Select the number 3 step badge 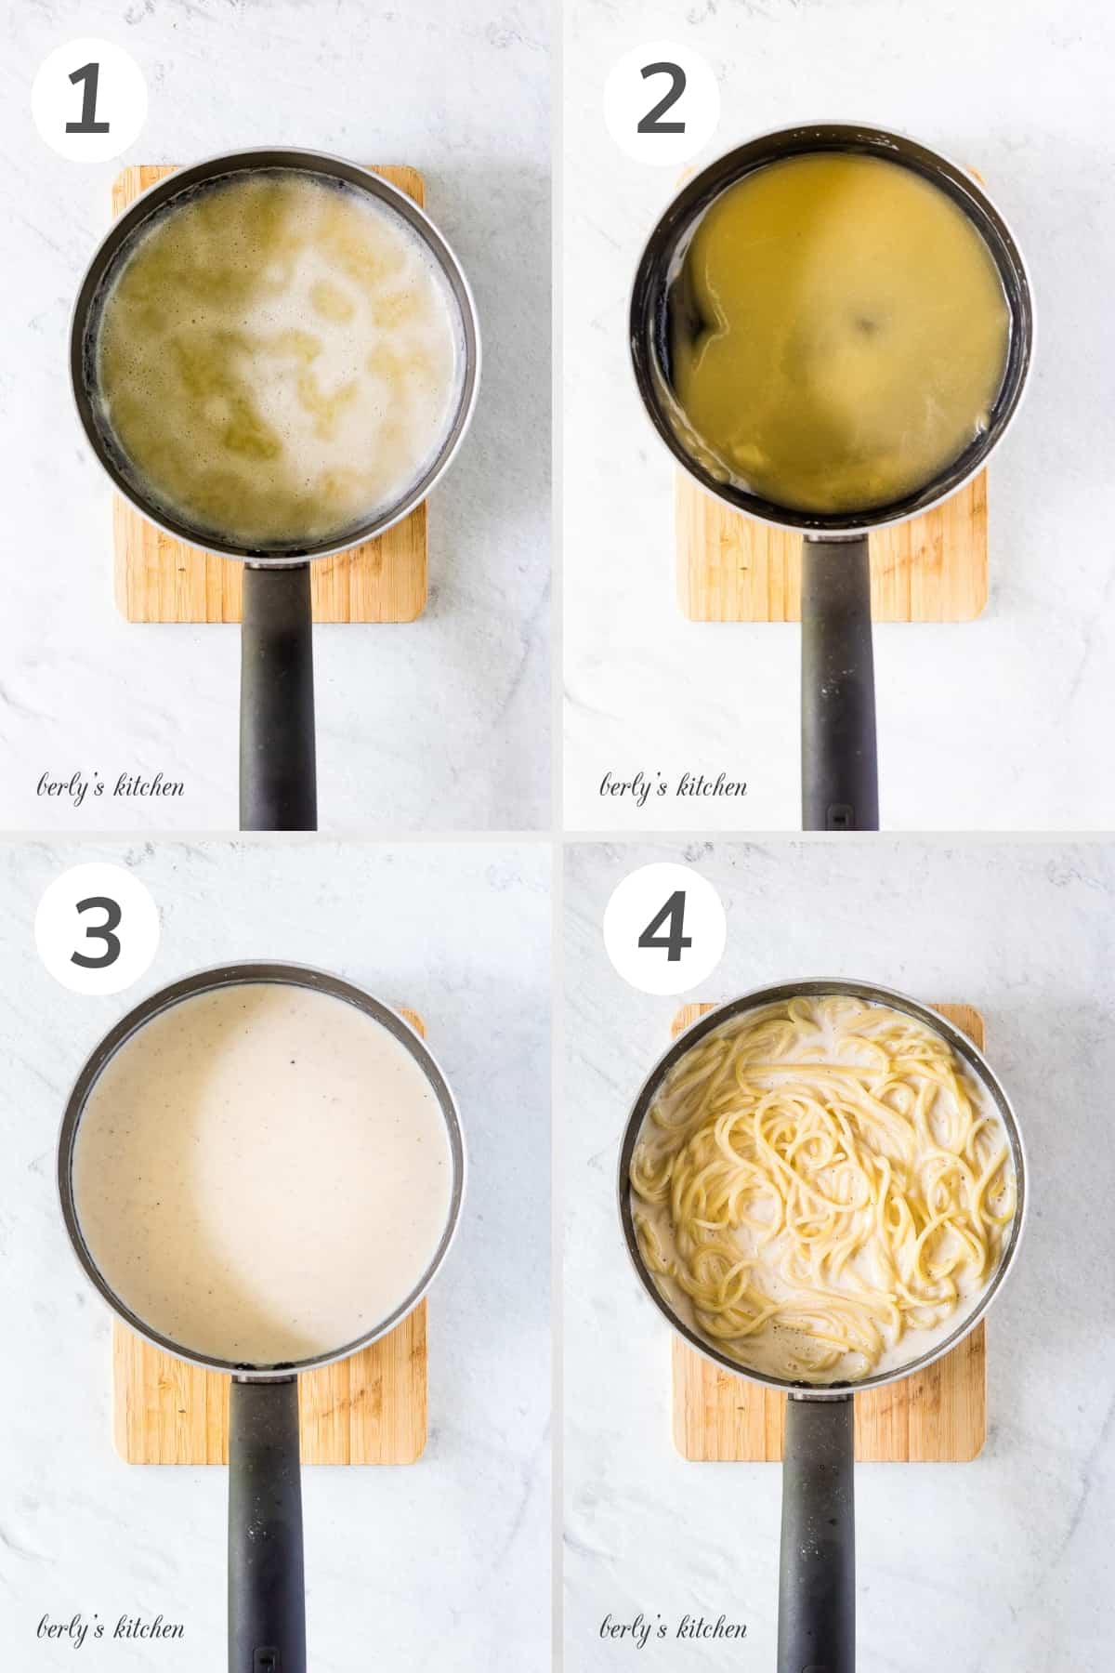pos(96,932)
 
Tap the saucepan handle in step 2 pos(839,688)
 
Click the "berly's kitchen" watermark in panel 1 pos(110,788)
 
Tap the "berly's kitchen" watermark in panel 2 pos(673,788)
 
